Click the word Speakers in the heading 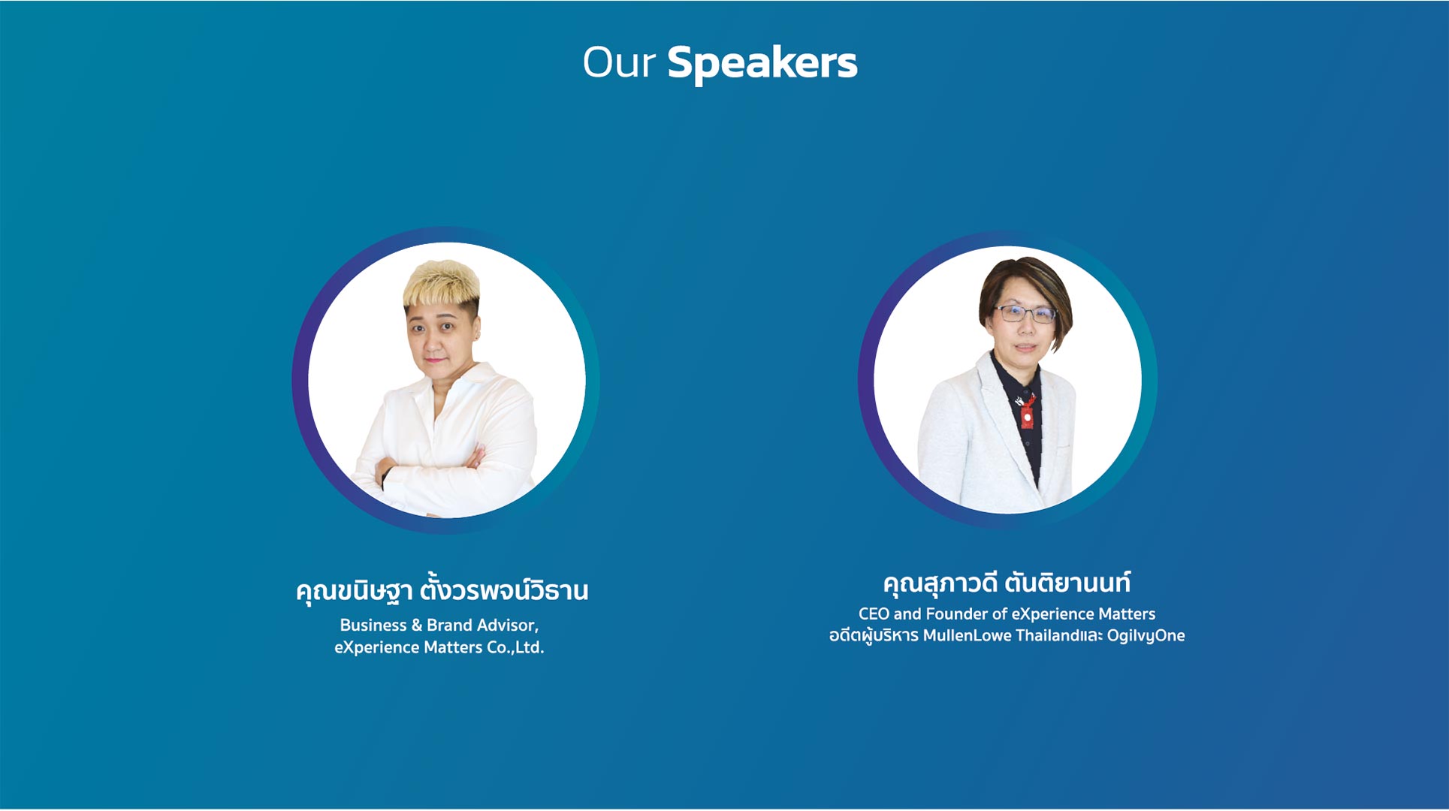point(762,63)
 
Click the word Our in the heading point(619,62)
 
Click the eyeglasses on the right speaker point(1025,313)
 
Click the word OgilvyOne point(1146,636)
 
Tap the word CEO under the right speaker point(874,614)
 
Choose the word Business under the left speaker point(373,625)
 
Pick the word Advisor point(509,626)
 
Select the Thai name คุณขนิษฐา point(354,591)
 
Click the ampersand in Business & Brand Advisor point(417,626)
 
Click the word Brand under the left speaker point(450,625)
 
